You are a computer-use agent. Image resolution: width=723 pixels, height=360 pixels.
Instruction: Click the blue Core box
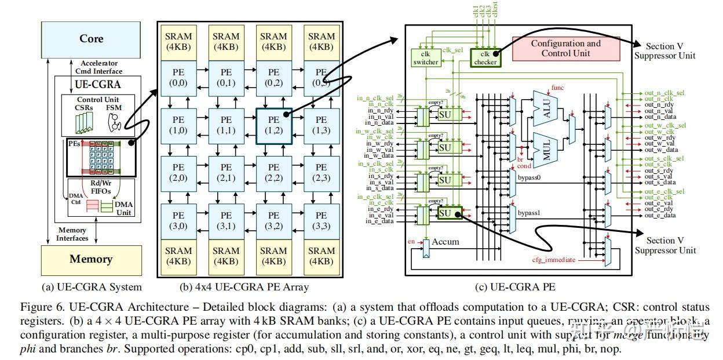point(91,39)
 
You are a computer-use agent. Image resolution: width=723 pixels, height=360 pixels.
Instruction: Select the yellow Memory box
point(91,259)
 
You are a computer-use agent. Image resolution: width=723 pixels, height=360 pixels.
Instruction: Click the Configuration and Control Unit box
point(565,48)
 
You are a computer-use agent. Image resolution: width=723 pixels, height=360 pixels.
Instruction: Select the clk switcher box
point(426,58)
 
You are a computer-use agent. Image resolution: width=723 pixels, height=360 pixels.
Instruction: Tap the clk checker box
point(485,58)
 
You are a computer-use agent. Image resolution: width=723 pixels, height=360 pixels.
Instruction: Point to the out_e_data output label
point(659,215)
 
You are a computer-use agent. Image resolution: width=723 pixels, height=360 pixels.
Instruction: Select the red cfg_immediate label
point(554,260)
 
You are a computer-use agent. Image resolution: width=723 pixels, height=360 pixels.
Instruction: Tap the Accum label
point(446,242)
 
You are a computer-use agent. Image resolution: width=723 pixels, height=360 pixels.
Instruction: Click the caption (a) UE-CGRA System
point(92,286)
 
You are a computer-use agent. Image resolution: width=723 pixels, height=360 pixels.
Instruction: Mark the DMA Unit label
point(123,209)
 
